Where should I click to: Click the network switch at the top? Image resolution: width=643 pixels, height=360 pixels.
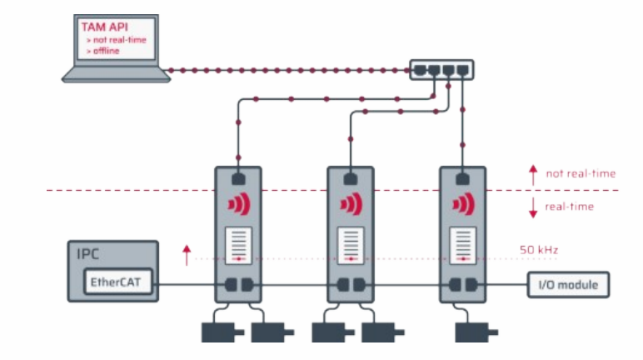point(441,68)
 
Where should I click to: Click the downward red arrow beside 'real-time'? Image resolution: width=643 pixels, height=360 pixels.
point(533,207)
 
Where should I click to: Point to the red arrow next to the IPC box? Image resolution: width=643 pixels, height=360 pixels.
point(187,252)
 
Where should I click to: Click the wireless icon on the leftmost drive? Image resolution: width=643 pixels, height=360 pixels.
point(239,205)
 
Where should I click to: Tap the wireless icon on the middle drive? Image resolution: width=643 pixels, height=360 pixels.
point(351,205)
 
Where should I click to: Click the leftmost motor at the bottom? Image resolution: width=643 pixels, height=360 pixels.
point(217,331)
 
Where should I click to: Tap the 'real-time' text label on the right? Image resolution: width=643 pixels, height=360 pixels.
point(570,206)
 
